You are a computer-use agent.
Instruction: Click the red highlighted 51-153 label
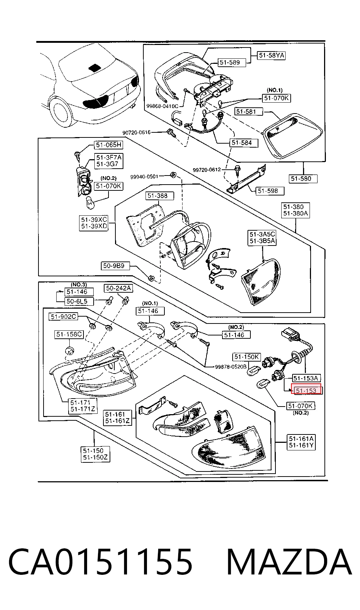pyautogui.click(x=306, y=389)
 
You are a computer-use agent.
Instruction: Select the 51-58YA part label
pyautogui.click(x=271, y=55)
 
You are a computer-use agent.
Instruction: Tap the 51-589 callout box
pyautogui.click(x=232, y=63)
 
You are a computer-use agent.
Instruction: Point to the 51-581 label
pyautogui.click(x=249, y=111)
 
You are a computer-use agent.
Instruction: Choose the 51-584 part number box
pyautogui.click(x=244, y=143)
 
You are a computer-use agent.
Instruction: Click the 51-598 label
pyautogui.click(x=270, y=191)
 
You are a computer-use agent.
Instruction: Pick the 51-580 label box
pyautogui.click(x=303, y=179)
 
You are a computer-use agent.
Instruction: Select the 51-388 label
pyautogui.click(x=159, y=196)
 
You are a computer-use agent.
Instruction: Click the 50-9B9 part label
pyautogui.click(x=115, y=265)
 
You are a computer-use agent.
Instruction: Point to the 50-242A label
pyautogui.click(x=119, y=288)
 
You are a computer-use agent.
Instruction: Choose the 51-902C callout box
pyautogui.click(x=64, y=317)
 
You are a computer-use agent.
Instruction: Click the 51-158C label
pyautogui.click(x=69, y=334)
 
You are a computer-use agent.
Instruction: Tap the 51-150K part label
pyautogui.click(x=247, y=357)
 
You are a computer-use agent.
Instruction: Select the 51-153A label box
pyautogui.click(x=306, y=378)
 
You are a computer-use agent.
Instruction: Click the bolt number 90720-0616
pyautogui.click(x=136, y=133)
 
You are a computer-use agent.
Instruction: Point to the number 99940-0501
pyautogui.click(x=144, y=177)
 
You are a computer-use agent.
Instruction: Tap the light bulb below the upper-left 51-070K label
pyautogui.click(x=90, y=203)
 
